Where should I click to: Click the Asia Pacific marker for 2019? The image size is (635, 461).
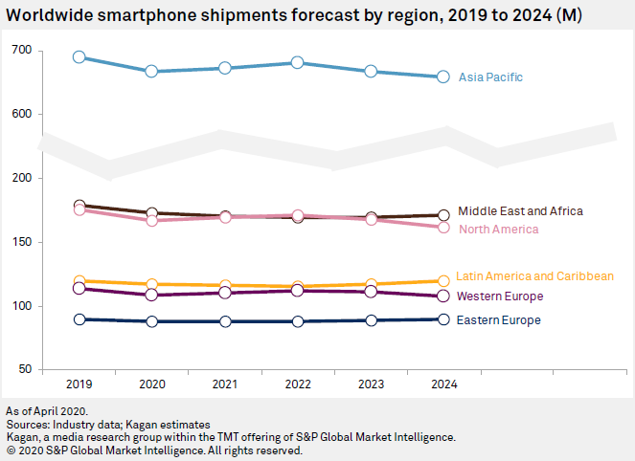point(79,57)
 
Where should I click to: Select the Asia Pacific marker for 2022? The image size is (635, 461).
point(297,63)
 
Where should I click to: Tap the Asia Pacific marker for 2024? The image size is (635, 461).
point(443,77)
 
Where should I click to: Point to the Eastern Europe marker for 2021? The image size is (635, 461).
point(224,321)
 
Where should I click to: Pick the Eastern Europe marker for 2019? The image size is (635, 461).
point(79,319)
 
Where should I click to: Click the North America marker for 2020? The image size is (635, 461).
point(151,221)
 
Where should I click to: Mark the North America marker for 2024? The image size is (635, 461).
point(443,228)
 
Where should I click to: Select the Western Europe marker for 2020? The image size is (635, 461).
point(151,295)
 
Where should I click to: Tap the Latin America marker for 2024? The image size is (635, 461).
point(443,281)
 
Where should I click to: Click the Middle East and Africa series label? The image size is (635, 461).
point(520,211)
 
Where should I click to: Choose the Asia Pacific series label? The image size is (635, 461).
point(490,77)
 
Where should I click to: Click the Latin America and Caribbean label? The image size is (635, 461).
point(534,276)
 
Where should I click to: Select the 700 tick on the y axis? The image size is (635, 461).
point(21,50)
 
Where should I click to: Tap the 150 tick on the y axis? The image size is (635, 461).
point(21,243)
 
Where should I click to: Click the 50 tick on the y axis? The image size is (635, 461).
point(24,370)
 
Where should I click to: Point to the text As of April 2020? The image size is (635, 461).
point(44,410)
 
